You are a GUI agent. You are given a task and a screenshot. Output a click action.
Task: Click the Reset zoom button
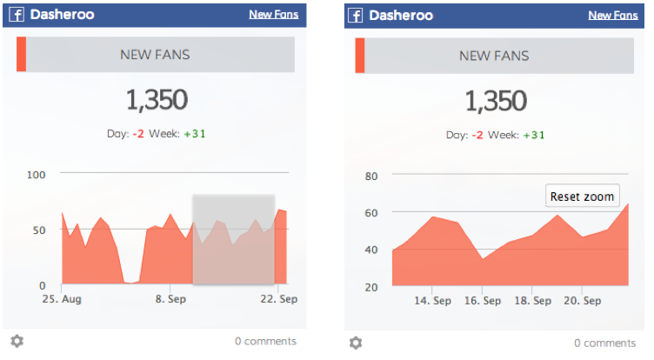pos(583,196)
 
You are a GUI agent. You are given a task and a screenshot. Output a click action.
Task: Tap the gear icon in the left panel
pos(17,342)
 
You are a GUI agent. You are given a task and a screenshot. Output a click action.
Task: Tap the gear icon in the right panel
pos(356,343)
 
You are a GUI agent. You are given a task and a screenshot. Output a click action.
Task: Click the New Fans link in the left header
pos(273,15)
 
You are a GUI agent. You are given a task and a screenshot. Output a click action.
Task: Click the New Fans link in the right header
pos(612,15)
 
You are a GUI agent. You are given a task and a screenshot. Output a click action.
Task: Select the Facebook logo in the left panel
pos(17,15)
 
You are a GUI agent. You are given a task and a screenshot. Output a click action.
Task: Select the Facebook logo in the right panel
pos(355,15)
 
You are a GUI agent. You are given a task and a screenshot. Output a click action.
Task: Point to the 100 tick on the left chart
pos(36,175)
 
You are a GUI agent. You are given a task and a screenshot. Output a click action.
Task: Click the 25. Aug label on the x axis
pos(62,298)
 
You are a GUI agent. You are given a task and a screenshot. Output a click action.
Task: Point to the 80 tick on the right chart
pos(371,176)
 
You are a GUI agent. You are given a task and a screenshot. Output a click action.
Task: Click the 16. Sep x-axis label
pos(481,301)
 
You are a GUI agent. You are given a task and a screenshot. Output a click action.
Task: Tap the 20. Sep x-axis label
pos(582,301)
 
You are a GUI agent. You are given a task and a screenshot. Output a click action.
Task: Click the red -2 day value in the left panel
pos(137,135)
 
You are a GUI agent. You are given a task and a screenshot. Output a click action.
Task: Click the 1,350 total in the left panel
pos(157,100)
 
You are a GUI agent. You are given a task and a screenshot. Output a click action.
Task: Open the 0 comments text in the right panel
pos(604,343)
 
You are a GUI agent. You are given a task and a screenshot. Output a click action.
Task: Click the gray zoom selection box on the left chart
pos(233,239)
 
